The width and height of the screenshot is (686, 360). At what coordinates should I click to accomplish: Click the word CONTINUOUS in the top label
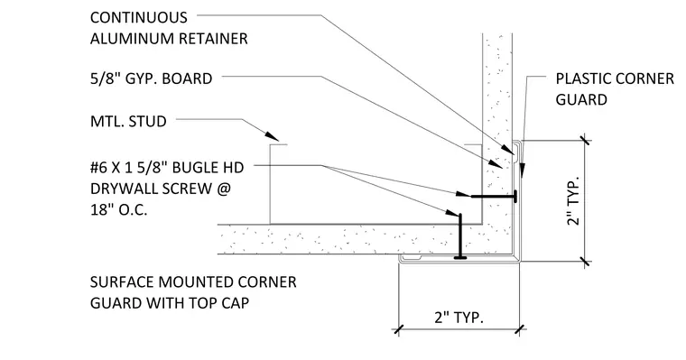(x=139, y=17)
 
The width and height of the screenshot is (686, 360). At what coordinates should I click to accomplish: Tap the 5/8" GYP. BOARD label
(x=151, y=78)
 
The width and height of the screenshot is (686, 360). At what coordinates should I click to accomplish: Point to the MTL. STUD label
(x=128, y=121)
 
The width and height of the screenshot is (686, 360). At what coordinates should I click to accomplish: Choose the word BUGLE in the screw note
(x=195, y=168)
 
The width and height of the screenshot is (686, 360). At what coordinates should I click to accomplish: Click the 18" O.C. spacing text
(x=118, y=210)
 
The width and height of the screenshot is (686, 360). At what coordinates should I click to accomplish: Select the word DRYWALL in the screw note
(x=124, y=189)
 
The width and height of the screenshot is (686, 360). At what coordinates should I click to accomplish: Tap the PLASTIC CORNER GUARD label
(x=615, y=89)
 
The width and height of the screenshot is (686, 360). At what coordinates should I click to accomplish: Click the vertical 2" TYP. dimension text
(x=573, y=201)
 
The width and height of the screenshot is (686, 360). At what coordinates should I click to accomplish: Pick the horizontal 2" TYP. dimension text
(x=459, y=317)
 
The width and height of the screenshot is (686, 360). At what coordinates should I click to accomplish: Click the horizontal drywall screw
(x=495, y=197)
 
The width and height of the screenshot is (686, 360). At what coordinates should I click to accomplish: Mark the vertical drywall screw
(x=460, y=236)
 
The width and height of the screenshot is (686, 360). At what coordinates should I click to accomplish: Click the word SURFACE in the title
(x=122, y=282)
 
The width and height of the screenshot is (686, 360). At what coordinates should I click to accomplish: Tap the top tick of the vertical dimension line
(x=585, y=141)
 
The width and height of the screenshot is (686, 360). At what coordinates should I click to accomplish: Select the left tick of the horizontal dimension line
(x=398, y=329)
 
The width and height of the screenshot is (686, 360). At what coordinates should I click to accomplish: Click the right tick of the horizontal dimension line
(x=519, y=329)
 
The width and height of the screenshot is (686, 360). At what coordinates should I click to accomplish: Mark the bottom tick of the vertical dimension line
(x=585, y=262)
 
